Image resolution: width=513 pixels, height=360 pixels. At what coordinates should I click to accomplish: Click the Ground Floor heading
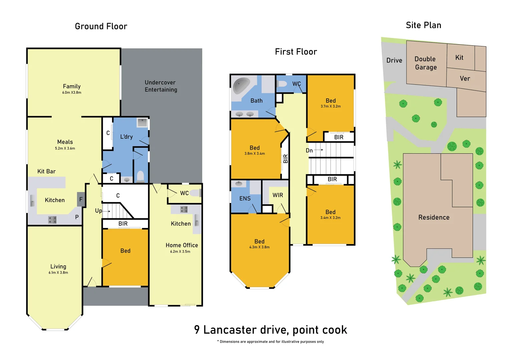[x=101, y=26]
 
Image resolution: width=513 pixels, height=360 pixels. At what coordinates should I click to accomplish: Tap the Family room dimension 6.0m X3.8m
[x=72, y=93]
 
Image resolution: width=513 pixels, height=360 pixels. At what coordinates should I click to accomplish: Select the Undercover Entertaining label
[x=161, y=86]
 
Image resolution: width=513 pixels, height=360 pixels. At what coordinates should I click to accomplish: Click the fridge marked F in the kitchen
[x=81, y=199]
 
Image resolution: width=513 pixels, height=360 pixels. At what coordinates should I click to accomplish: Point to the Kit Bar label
[x=46, y=171]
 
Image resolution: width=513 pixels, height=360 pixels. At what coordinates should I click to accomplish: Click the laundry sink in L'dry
[x=142, y=122]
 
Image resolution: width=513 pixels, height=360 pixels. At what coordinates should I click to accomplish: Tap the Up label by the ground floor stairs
[x=98, y=211]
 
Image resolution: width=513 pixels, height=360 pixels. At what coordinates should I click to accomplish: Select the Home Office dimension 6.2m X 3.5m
[x=180, y=252]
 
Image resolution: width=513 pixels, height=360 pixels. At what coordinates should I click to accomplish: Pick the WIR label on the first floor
[x=278, y=195]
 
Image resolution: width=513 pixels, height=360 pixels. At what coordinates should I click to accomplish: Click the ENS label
[x=245, y=199]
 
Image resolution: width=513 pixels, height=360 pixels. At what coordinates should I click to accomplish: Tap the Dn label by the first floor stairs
[x=309, y=151]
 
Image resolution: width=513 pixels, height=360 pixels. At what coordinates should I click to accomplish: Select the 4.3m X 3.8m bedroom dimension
[x=259, y=247]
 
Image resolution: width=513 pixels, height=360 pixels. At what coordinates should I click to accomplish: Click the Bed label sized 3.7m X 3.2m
[x=331, y=101]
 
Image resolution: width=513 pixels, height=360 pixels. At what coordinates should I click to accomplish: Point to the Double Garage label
[x=426, y=63]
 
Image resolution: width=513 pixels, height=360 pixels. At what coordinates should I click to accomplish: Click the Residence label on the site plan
[x=434, y=217]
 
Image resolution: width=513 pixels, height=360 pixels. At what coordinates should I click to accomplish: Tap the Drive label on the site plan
[x=394, y=60]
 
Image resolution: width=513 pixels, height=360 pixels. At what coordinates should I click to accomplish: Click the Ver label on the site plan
[x=465, y=79]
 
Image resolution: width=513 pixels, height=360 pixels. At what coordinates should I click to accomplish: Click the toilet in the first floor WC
[x=282, y=84]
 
